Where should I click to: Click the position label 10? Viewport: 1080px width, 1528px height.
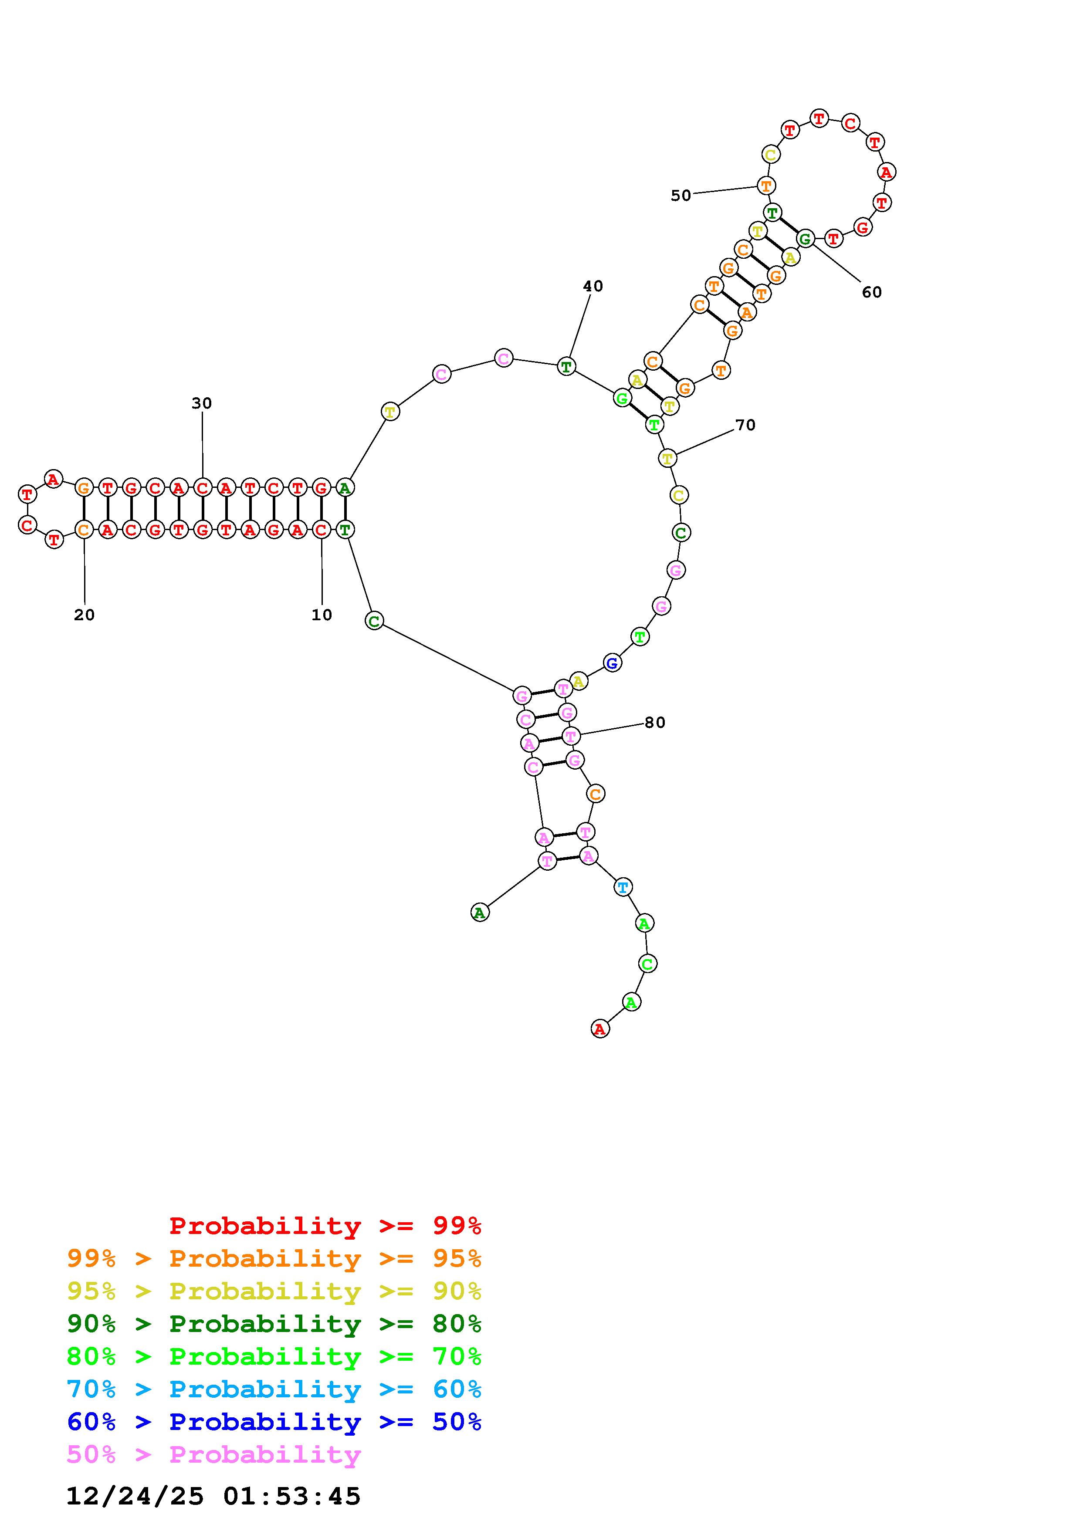coord(322,615)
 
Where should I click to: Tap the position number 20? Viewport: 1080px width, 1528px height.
coord(85,615)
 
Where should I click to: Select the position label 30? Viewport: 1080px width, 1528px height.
coord(202,403)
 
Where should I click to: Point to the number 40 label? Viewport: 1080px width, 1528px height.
coord(593,286)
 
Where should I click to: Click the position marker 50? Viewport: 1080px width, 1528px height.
coord(681,196)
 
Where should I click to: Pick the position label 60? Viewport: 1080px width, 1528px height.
coord(872,292)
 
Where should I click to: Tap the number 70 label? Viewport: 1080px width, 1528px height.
coord(745,425)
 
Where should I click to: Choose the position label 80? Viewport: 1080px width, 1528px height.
coord(655,723)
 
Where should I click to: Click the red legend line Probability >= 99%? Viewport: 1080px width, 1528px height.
coord(325,1226)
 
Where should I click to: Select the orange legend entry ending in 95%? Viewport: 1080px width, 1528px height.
coord(274,1258)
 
